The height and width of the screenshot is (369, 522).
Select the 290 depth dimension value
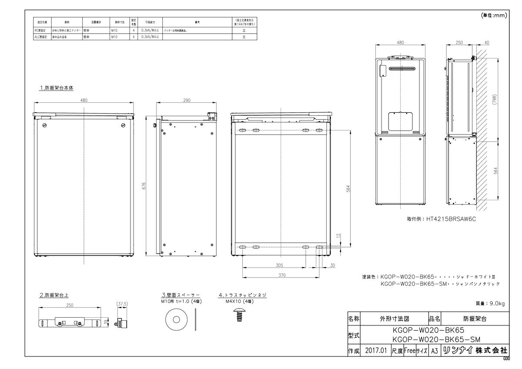click(187, 101)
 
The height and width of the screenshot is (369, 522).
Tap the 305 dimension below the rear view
click(279, 265)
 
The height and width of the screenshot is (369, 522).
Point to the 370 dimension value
click(282, 275)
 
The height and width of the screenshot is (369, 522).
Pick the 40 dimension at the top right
click(486, 43)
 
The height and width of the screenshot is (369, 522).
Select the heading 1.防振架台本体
click(57, 87)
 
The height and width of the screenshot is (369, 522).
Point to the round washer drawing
click(177, 319)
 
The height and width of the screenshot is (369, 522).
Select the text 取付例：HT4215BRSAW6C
click(427, 220)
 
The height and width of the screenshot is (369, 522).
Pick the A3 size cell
click(433, 350)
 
